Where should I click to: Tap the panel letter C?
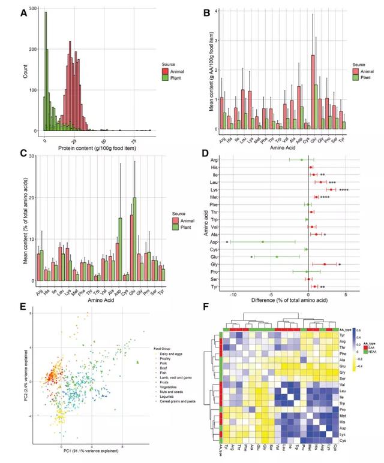click(24, 155)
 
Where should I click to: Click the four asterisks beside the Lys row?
click(344, 190)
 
